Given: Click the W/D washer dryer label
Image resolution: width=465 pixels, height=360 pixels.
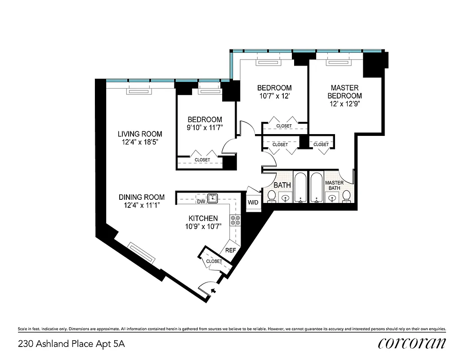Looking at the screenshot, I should pos(253,202).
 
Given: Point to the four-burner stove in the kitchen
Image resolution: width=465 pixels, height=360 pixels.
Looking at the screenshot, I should pos(236,220).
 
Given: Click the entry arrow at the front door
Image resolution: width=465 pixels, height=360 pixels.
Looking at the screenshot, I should pos(213,291).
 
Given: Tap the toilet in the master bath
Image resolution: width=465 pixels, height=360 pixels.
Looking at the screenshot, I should pos(346,196).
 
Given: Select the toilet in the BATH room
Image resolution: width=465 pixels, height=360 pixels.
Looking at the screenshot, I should pos(272,196).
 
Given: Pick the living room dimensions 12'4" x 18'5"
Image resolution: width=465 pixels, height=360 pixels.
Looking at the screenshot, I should pos(140,142).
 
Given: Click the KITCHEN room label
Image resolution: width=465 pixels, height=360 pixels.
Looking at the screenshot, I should pos(203,218).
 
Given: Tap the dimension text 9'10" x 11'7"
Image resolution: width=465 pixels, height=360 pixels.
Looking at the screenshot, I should pos(205,128).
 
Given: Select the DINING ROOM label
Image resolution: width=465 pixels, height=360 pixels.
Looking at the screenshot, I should pos(142,197).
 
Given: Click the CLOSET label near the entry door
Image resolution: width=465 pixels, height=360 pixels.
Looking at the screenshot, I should pos(214,261).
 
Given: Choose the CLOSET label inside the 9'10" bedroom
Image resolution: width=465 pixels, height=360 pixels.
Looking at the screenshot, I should pos(202,160).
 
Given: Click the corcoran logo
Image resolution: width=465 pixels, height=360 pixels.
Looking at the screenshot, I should pos(412,343).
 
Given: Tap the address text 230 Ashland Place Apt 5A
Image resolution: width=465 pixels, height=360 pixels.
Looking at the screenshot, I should pos(71,344).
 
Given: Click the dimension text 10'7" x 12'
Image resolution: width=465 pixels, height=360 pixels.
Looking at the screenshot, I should pos(274,96).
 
